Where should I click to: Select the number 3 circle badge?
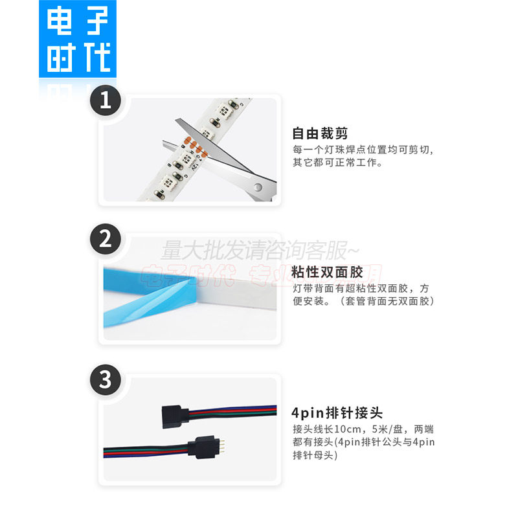click(x=106, y=380)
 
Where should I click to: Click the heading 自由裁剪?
click(x=320, y=134)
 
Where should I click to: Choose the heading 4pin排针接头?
click(x=337, y=412)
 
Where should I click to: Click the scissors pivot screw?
click(x=258, y=187)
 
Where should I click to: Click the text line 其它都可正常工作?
click(x=337, y=163)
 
